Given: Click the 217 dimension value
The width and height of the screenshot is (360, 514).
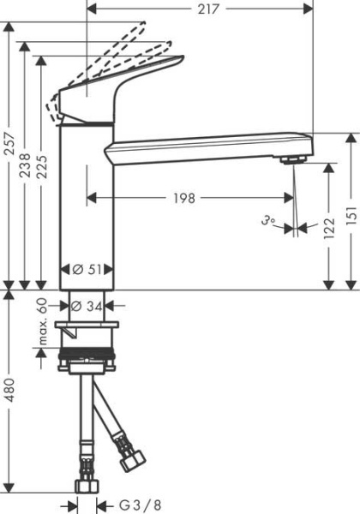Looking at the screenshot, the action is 208,9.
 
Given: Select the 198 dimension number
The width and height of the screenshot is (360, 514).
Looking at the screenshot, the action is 184,198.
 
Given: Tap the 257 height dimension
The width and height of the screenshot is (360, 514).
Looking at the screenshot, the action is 9,144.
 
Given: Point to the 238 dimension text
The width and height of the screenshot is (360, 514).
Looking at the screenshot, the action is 25,165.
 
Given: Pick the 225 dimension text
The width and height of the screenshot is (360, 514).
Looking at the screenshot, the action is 42,166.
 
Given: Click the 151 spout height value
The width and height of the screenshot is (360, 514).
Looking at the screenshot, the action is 351,215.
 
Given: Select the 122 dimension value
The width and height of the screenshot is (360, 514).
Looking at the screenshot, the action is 329,228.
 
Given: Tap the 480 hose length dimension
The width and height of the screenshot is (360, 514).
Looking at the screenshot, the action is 9,390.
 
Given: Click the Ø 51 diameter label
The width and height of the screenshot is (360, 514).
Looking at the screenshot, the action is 87,270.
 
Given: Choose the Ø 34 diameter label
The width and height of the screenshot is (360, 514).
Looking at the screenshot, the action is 87,306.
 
